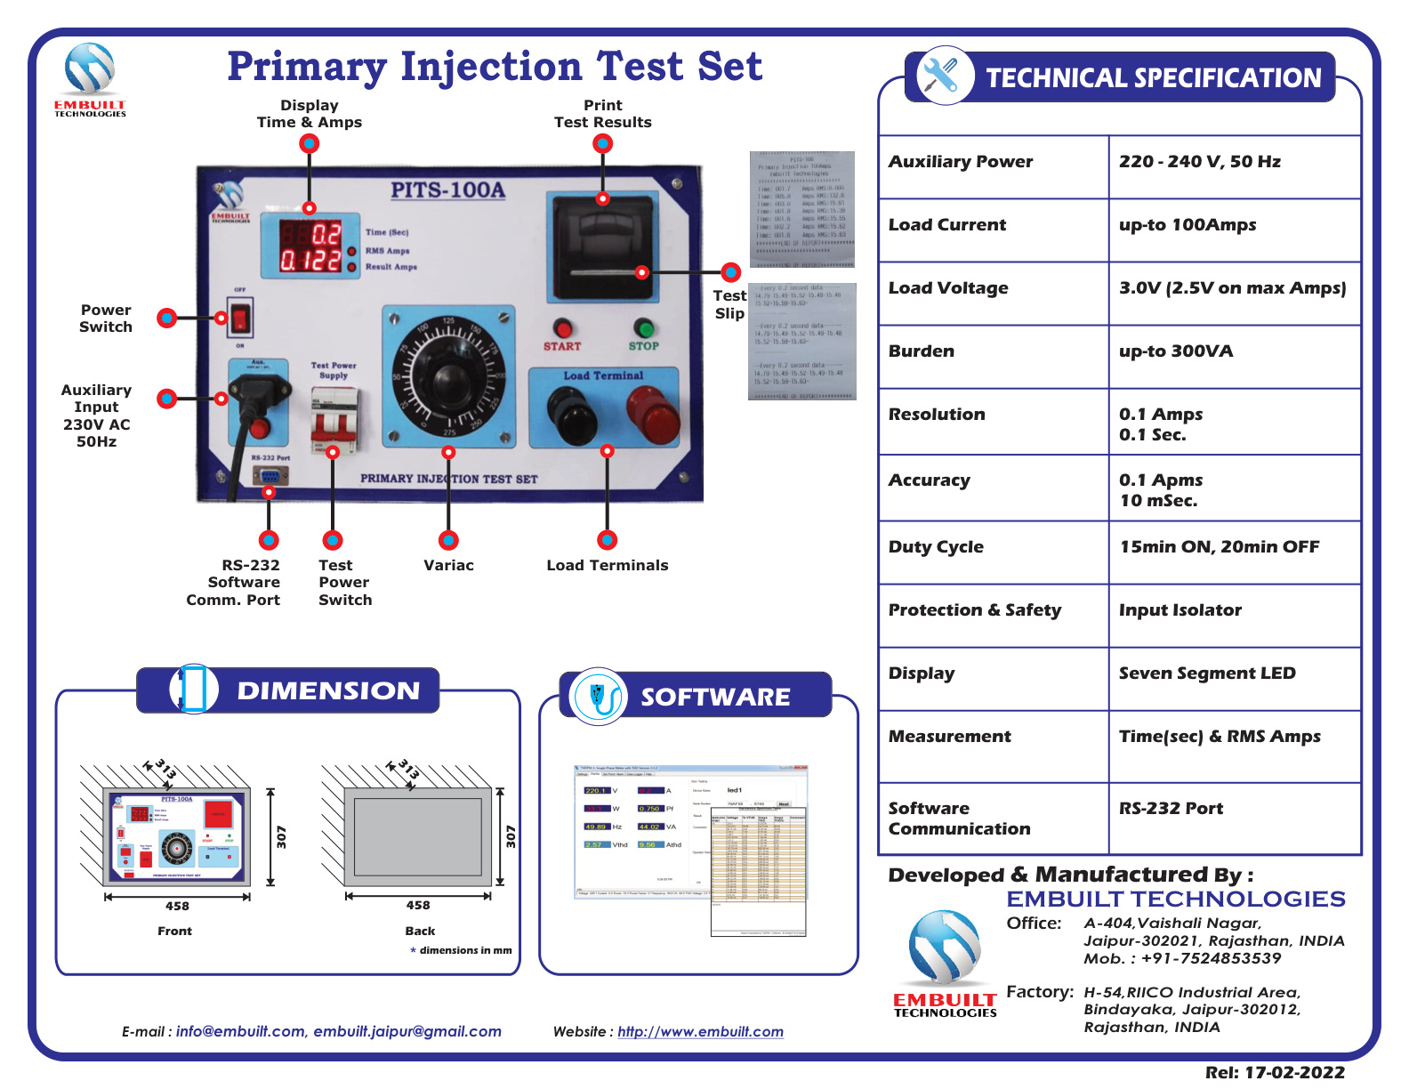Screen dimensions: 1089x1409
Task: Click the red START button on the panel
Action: tap(562, 327)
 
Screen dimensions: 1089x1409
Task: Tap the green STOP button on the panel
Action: tap(643, 327)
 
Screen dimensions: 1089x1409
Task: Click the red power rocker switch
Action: tap(240, 317)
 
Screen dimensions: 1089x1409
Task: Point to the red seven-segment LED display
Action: tap(310, 246)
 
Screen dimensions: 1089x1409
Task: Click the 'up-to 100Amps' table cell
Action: tap(1187, 225)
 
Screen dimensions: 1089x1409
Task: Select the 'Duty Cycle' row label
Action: tap(936, 547)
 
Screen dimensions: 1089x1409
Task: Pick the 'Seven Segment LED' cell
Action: tap(1206, 674)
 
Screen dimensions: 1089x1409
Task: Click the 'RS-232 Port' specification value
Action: tap(1171, 809)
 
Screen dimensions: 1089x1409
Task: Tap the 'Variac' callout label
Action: tap(448, 566)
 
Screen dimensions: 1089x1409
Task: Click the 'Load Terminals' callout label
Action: tap(607, 566)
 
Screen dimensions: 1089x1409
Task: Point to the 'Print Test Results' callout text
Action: tap(602, 114)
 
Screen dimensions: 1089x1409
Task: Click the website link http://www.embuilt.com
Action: tap(700, 1032)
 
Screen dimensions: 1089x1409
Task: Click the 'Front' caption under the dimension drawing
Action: tap(174, 932)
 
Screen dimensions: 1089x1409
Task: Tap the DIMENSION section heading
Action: tap(327, 691)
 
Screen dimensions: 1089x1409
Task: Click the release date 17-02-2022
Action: tap(1294, 1073)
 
